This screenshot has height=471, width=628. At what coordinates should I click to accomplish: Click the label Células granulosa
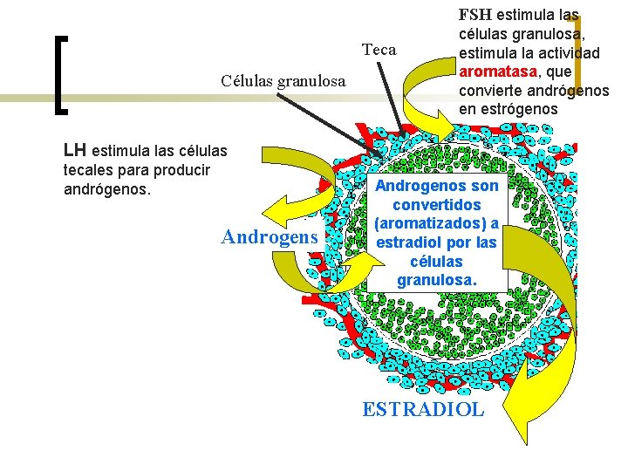click(283, 81)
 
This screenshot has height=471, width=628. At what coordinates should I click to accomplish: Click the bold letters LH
click(76, 149)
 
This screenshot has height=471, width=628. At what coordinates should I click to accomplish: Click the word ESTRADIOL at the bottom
click(422, 409)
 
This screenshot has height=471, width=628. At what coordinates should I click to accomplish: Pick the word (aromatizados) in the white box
click(436, 223)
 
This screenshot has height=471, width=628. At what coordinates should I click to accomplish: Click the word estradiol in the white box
click(409, 242)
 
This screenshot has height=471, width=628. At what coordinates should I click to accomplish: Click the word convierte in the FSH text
click(491, 91)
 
